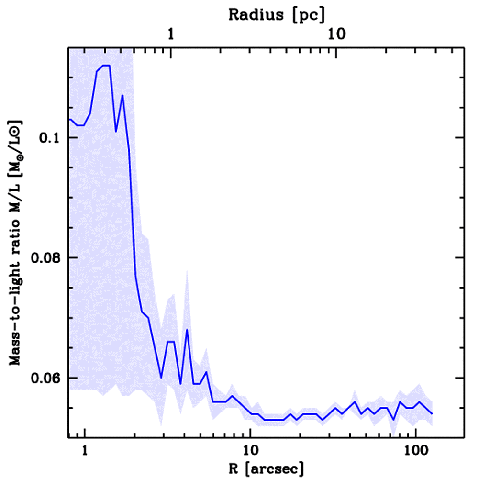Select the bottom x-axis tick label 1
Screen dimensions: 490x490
coord(85,451)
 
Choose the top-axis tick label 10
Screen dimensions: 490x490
coord(336,35)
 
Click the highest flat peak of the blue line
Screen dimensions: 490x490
coord(106,65)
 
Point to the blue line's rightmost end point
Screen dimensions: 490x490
coord(432,413)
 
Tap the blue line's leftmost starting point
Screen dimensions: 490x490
coord(70,119)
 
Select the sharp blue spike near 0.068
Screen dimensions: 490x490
coord(187,330)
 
